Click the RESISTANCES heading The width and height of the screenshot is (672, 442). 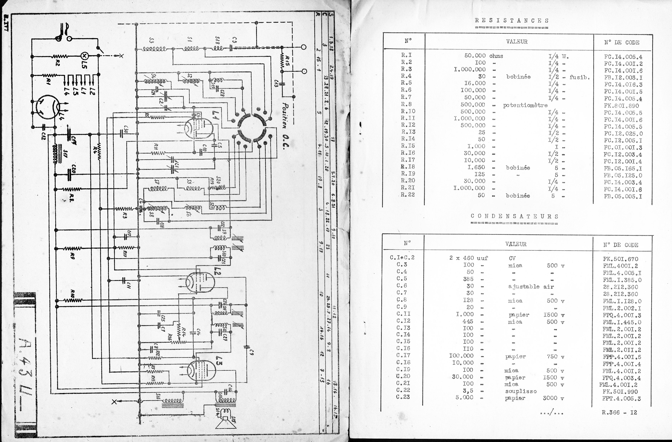(x=512, y=21)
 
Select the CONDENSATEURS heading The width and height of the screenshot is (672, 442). (x=514, y=216)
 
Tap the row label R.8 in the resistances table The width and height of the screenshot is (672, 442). (x=406, y=104)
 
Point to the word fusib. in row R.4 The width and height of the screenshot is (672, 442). (x=580, y=77)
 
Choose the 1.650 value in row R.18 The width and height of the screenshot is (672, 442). (x=476, y=167)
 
